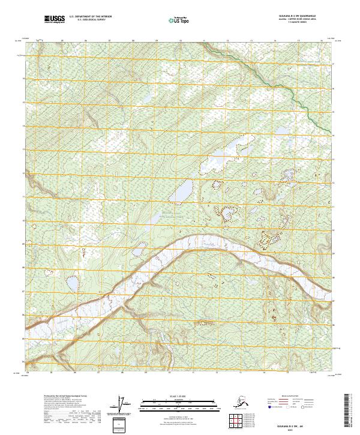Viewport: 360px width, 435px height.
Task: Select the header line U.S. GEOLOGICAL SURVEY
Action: pos(88,22)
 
